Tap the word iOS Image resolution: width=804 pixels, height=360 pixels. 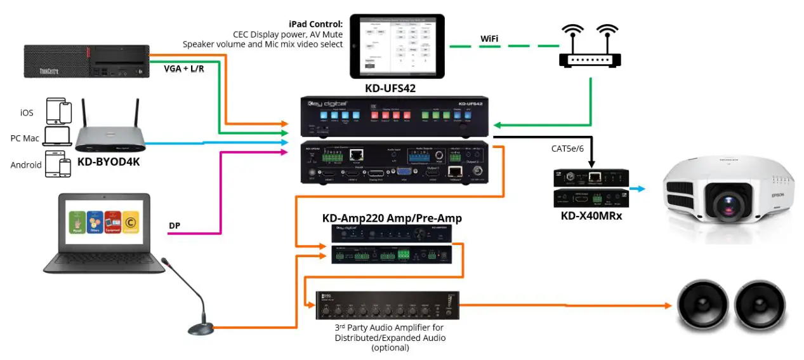(x=27, y=112)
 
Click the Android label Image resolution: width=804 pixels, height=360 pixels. (x=25, y=164)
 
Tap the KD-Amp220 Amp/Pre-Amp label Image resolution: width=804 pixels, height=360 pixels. (x=392, y=218)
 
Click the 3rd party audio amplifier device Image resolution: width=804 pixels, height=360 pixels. (x=386, y=306)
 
